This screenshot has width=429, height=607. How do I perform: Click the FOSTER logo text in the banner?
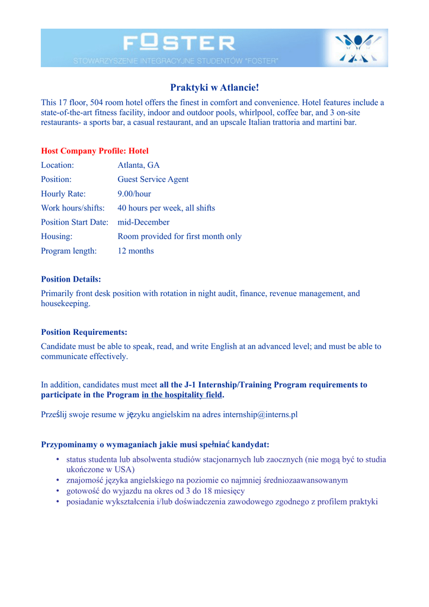pyautogui.click(x=179, y=43)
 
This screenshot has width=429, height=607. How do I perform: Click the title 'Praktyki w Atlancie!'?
pyautogui.click(x=214, y=88)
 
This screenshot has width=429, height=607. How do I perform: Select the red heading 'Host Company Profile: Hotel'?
pyautogui.click(x=95, y=151)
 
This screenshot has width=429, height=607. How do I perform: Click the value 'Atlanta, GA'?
pyautogui.click(x=139, y=165)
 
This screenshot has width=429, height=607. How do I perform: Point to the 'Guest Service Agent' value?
pyautogui.click(x=153, y=180)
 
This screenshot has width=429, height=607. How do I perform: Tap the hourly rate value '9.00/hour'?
pyautogui.click(x=135, y=194)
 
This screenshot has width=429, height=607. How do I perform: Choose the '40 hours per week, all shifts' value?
pyautogui.click(x=166, y=208)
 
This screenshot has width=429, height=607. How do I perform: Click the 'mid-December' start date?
pyautogui.click(x=143, y=222)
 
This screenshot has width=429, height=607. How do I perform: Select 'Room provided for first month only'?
pyautogui.click(x=180, y=237)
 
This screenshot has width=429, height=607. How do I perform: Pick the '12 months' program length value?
pyautogui.click(x=136, y=251)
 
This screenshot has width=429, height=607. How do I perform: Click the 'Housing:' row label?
pyautogui.click(x=57, y=237)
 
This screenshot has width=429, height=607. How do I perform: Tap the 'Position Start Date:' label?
pyautogui.click(x=75, y=222)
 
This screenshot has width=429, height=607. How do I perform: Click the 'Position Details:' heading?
pyautogui.click(x=71, y=279)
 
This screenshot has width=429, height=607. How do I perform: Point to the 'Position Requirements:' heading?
pyautogui.click(x=84, y=333)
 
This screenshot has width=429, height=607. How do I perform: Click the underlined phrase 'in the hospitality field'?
pyautogui.click(x=182, y=395)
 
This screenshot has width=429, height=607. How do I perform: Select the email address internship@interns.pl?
pyautogui.click(x=260, y=414)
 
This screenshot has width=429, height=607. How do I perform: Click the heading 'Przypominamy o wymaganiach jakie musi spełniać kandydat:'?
pyautogui.click(x=155, y=445)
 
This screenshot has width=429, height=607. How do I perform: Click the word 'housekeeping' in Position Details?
pyautogui.click(x=65, y=303)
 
